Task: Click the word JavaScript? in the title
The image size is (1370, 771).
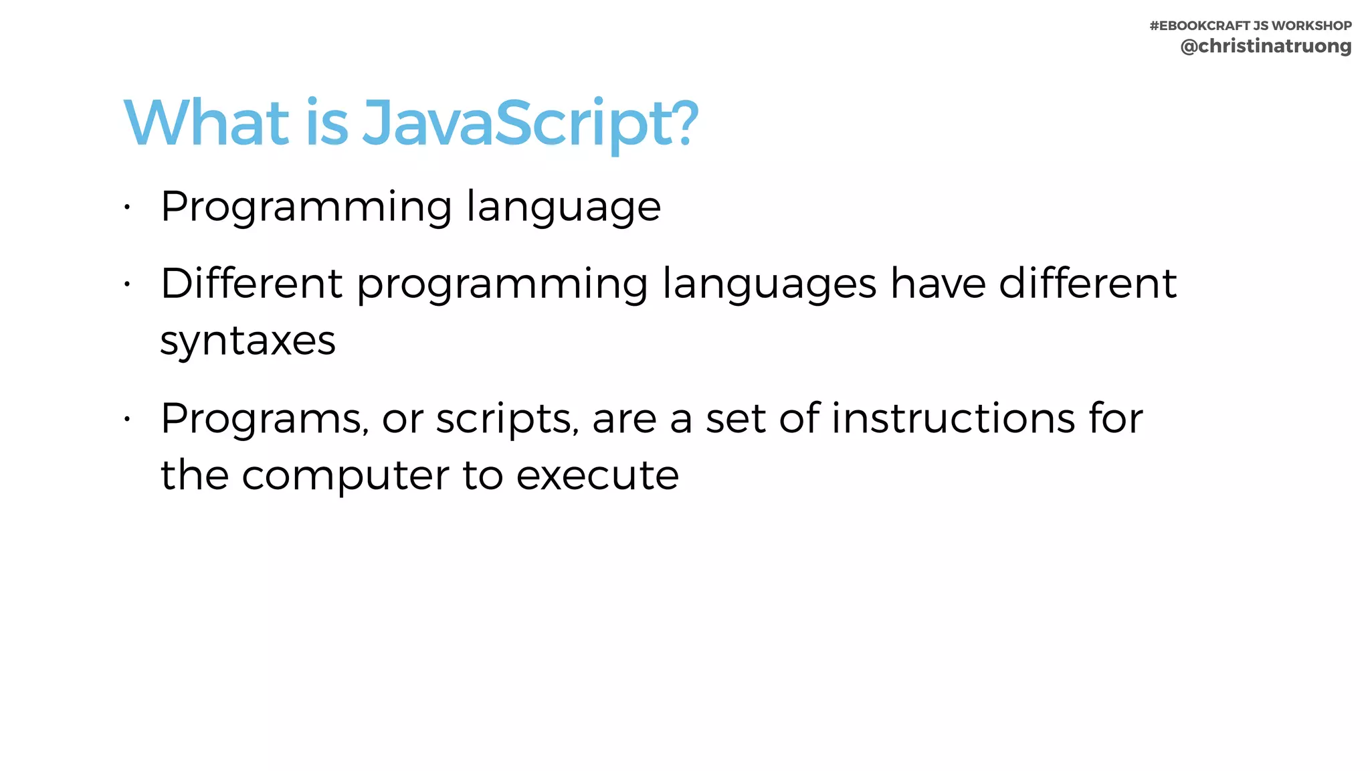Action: click(x=530, y=123)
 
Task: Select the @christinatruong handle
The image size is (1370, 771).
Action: click(x=1266, y=46)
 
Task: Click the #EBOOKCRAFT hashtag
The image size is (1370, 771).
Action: click(x=1199, y=25)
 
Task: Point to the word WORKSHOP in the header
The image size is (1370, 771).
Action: click(x=1312, y=25)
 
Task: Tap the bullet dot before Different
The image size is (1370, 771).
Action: click(x=126, y=284)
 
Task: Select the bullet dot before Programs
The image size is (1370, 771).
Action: click(x=126, y=420)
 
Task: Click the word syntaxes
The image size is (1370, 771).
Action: click(x=248, y=341)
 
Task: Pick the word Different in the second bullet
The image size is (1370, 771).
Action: click(x=252, y=283)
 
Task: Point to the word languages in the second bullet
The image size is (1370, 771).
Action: click(x=769, y=284)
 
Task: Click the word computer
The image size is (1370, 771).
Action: click(x=345, y=476)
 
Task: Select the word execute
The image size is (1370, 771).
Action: click(x=597, y=476)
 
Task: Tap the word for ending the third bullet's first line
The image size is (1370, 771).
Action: click(x=1116, y=418)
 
